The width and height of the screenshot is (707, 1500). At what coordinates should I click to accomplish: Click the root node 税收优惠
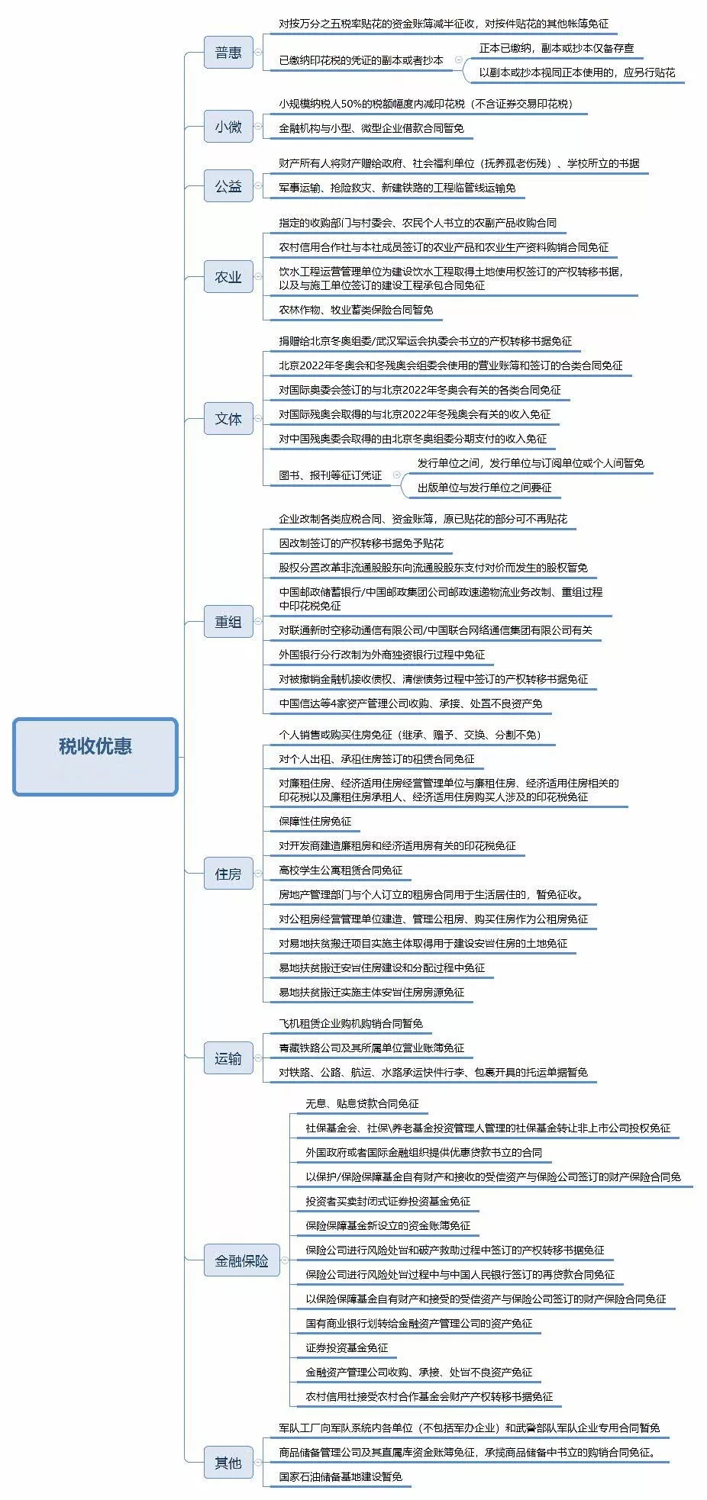point(95,756)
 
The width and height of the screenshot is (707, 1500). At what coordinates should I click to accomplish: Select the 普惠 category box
point(228,53)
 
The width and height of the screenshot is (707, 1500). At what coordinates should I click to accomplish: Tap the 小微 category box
point(228,127)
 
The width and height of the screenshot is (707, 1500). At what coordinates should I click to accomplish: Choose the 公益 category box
point(228,186)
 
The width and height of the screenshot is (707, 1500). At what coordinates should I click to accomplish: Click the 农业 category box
point(228,277)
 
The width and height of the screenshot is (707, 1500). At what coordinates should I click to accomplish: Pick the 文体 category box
point(228,419)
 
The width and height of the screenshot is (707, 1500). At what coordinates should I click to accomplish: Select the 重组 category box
point(228,622)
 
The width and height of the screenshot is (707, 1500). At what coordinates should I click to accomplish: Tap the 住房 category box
point(228,874)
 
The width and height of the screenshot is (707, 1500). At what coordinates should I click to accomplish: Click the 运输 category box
point(228,1058)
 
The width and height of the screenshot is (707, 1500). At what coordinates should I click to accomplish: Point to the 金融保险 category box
point(241,1261)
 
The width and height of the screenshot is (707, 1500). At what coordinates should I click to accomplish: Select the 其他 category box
point(228,1463)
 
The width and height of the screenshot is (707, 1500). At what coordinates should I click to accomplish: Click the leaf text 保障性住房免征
point(315,822)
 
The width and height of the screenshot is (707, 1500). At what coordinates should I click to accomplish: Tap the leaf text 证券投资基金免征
point(347,1348)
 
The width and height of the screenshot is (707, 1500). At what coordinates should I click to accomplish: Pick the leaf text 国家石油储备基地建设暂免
point(341,1476)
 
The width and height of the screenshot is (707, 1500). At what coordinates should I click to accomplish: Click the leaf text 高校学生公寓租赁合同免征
point(341,871)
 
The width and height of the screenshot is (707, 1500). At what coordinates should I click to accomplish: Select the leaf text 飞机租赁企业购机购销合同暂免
point(351,1024)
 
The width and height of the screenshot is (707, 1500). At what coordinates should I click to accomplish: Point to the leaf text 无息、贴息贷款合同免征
point(363,1104)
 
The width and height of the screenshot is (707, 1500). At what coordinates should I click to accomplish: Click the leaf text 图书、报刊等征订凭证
point(331,475)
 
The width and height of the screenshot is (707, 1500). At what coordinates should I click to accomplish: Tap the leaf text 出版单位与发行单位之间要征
point(485,488)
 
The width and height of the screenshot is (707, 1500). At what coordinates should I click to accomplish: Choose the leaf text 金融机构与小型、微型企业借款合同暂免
point(372,128)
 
